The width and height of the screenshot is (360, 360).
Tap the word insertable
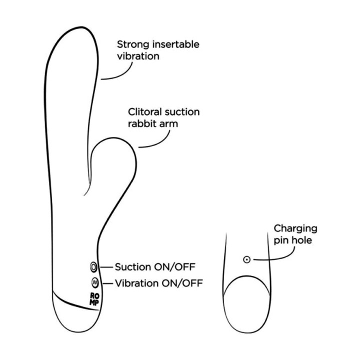click(x=175, y=44)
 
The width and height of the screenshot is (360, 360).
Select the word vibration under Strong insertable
click(x=138, y=56)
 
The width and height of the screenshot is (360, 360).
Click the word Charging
click(x=295, y=229)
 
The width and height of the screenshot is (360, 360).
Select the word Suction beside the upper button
click(x=133, y=267)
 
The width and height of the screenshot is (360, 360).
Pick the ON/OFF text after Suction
click(x=174, y=267)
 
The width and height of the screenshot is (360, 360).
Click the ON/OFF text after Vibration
click(x=182, y=283)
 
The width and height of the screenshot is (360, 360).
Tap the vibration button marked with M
click(x=94, y=282)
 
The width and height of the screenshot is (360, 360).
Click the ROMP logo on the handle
click(x=94, y=299)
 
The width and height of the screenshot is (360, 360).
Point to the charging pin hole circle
click(x=246, y=259)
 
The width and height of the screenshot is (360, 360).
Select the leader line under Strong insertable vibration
click(x=121, y=75)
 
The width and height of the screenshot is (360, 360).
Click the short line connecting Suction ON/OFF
click(x=106, y=267)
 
